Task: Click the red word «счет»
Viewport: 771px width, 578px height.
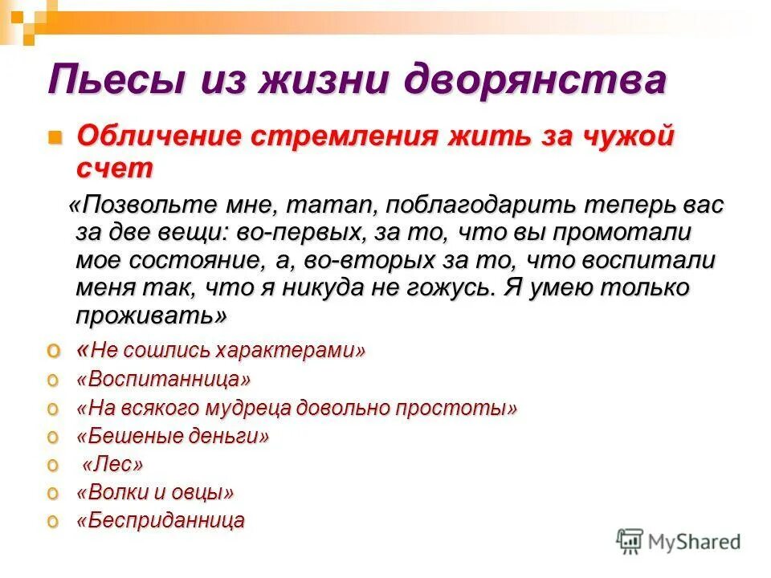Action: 114,167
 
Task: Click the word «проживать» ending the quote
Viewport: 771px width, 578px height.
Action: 149,315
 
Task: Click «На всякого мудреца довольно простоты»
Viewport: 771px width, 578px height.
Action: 296,408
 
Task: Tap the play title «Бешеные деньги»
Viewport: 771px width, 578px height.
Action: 173,437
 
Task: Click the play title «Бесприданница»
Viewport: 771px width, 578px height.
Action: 161,520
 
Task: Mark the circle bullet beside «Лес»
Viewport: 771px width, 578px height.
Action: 54,465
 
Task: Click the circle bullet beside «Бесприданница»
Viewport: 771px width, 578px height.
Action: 54,520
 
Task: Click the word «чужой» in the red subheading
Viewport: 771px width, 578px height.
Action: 631,136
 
